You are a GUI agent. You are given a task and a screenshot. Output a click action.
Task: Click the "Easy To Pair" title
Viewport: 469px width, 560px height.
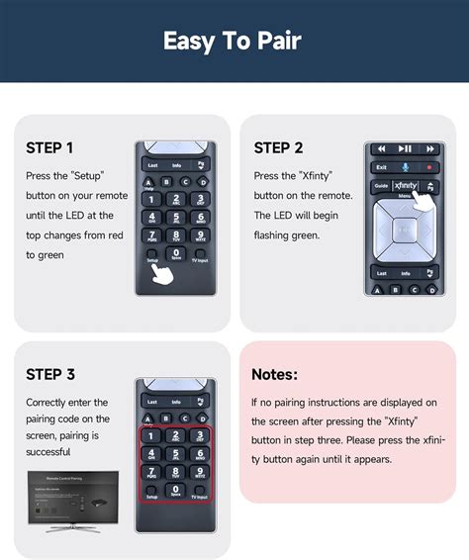234,41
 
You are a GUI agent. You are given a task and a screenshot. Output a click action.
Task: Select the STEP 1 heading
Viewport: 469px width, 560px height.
49,148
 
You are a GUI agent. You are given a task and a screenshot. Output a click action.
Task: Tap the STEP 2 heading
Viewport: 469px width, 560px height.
278,148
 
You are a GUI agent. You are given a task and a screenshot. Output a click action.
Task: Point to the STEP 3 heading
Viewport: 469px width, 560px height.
49,374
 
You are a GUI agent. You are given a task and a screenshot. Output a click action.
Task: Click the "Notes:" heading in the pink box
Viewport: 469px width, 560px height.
274,374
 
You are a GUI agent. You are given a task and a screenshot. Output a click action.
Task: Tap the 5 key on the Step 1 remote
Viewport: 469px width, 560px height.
175,218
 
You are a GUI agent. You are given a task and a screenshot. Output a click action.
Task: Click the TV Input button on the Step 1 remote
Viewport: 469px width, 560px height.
199,255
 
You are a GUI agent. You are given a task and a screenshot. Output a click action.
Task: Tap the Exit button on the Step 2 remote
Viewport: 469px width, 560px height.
381,167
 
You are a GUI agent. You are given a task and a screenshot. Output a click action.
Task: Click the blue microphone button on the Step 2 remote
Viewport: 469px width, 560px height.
404,167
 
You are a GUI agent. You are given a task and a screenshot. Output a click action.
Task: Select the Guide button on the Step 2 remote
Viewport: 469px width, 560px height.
380,186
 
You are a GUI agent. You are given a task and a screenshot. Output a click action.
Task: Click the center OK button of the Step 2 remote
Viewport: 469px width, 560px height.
404,230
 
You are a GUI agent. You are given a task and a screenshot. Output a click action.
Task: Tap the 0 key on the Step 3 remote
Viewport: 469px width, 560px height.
175,488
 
